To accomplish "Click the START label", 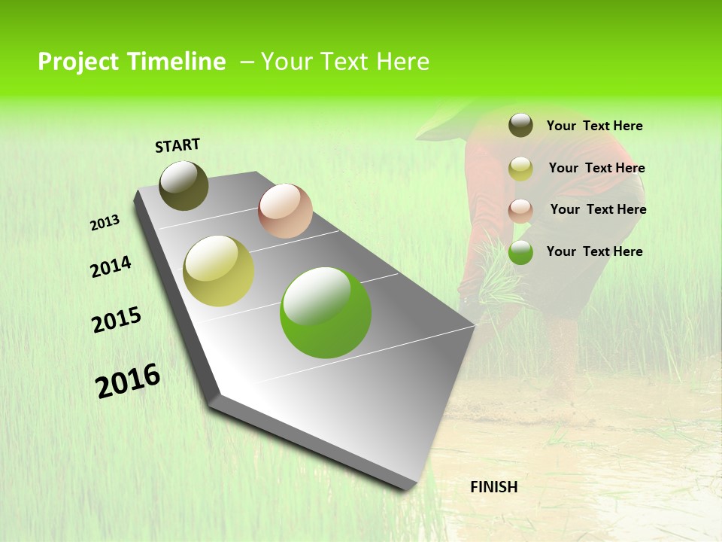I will point(177,145).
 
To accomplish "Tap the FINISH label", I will point(493,487).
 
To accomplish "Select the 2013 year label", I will point(105,223).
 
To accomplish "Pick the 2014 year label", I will point(111,267).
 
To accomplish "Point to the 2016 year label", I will point(128,381).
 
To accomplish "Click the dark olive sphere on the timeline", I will point(184,185).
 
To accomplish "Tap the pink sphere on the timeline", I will point(285,211).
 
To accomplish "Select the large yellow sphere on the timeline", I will point(219,271).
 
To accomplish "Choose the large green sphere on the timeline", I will point(326,312).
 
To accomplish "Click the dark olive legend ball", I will point(520,126).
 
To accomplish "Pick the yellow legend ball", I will point(520,169).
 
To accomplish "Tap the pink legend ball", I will point(520,210).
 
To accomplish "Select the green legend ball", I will point(520,252).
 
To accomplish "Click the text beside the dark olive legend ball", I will point(594,126).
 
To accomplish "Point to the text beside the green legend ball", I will point(594,251).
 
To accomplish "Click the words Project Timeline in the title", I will point(132,62).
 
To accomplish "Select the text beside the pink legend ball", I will point(598,209).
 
